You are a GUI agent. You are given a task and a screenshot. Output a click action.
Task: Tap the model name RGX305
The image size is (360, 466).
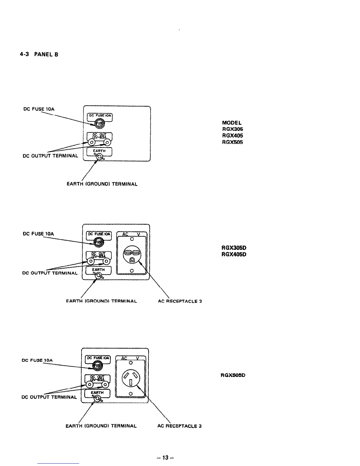pos(232,129)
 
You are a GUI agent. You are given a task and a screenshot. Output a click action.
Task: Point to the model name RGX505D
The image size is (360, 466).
pos(233,375)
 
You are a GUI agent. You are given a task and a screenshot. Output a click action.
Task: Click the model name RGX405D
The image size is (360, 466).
pos(234,254)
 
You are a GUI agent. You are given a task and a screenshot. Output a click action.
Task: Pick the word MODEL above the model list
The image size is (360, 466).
pos(232,123)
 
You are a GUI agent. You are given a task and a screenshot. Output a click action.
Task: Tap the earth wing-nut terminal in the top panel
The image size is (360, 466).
pos(99,158)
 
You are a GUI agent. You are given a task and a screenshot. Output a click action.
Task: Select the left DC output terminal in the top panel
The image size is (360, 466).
pos(91,143)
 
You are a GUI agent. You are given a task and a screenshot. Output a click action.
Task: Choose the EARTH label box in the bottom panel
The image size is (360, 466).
pos(97,393)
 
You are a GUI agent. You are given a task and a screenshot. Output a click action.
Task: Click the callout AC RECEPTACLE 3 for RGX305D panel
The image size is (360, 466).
pos(180,301)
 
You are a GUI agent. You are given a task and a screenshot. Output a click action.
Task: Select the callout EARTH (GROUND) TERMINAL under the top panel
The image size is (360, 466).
pos(102,184)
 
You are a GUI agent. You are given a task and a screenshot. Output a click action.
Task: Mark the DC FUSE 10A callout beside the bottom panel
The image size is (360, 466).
pos(37,360)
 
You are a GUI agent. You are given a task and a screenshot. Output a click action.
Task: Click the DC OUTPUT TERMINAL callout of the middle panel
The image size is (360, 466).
pos(50,273)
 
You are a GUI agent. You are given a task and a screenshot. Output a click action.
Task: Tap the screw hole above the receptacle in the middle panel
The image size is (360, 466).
pos(132,239)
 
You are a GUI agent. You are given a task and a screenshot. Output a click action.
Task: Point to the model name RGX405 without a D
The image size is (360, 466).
pos(232,136)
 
